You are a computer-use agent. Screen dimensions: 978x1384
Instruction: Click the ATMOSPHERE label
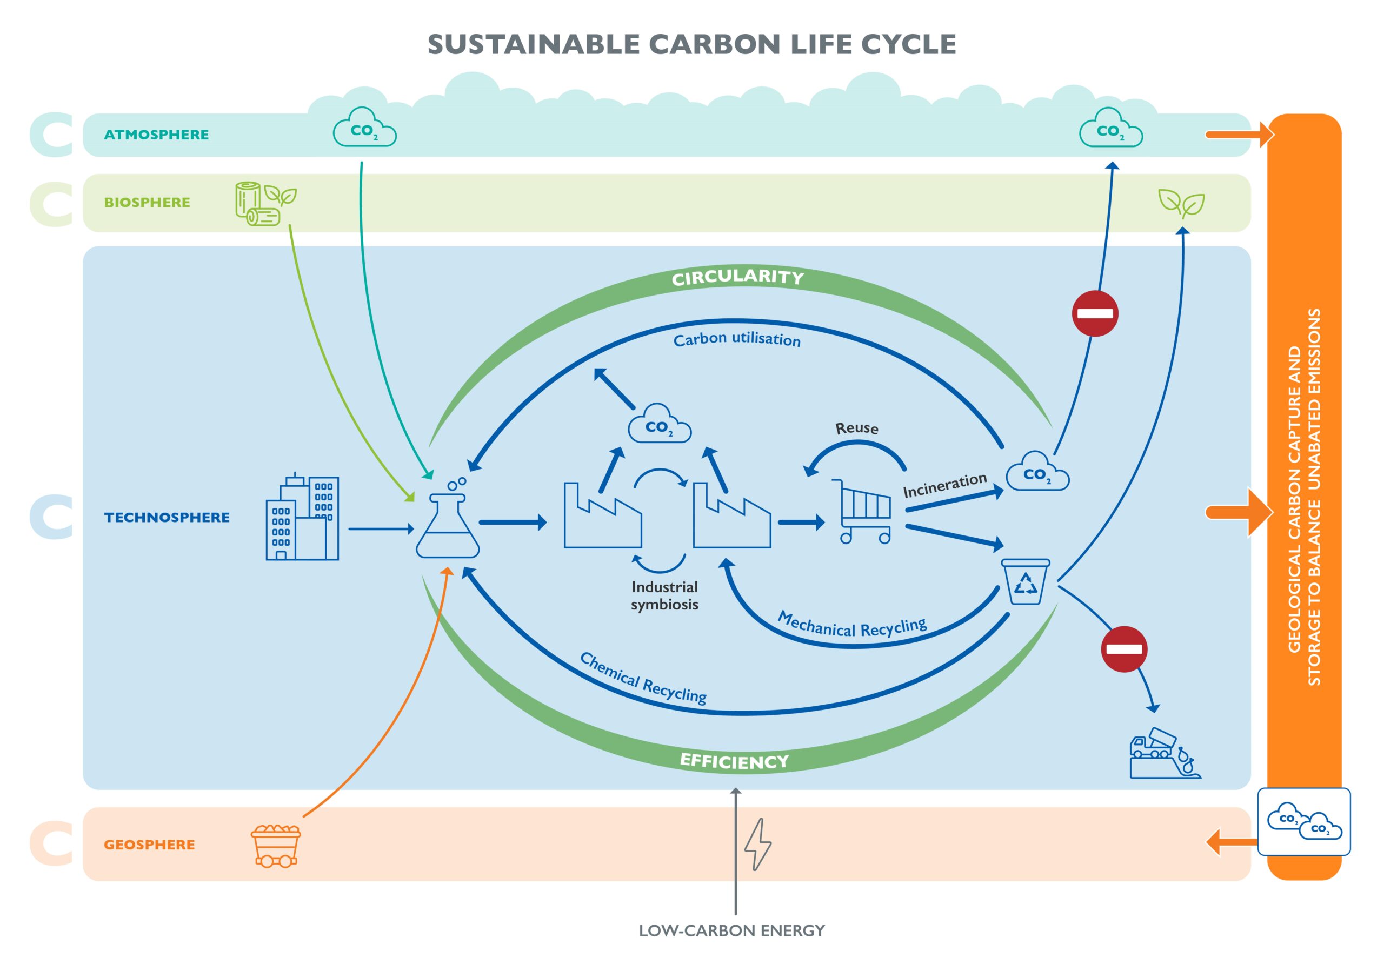pos(156,135)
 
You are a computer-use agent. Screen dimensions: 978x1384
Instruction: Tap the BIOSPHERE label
pos(147,203)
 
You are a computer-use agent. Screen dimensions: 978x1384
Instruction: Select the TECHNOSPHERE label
pos(167,518)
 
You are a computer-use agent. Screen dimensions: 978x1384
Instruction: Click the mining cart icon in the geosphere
pos(276,846)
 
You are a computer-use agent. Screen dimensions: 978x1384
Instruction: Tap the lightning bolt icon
pos(758,844)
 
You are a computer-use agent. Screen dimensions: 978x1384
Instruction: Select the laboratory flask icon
pos(448,522)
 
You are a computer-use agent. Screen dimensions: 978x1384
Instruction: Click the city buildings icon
pos(303,518)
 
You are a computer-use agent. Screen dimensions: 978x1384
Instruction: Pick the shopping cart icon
pos(863,512)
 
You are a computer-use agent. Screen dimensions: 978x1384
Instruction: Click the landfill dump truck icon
pos(1163,754)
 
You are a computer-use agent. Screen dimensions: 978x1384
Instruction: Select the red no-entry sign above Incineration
pos(1095,313)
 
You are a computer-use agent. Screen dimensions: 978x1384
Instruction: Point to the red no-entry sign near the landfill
pos(1123,649)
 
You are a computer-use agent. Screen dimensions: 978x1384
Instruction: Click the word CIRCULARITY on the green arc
pos(738,277)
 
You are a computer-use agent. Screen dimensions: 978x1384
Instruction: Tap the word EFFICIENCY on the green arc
pos(734,761)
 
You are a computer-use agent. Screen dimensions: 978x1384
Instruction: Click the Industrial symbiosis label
pos(664,595)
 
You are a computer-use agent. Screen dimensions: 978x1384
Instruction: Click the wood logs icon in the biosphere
pos(258,204)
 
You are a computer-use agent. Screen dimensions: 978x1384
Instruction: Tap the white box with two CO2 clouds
pos(1304,822)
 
